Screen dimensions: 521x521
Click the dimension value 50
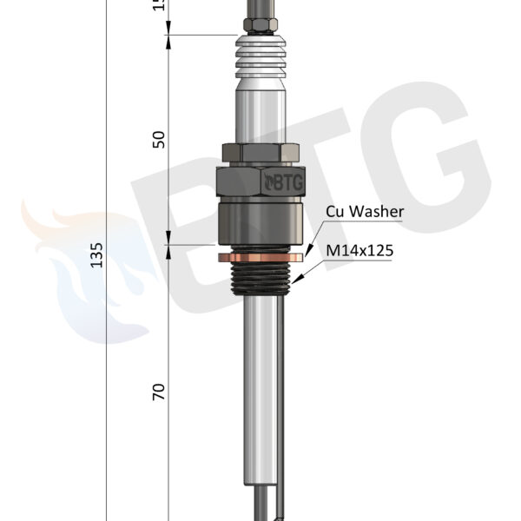coord(159,140)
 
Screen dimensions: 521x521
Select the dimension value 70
coord(159,392)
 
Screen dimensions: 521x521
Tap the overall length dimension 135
coord(96,255)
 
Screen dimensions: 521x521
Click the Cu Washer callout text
coord(365,211)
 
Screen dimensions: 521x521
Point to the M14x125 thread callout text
coord(359,250)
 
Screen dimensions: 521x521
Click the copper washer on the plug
coord(260,257)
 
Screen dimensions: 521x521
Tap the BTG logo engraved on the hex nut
coord(283,182)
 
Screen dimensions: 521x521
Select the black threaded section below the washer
coord(260,278)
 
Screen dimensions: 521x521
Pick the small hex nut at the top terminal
coord(260,25)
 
